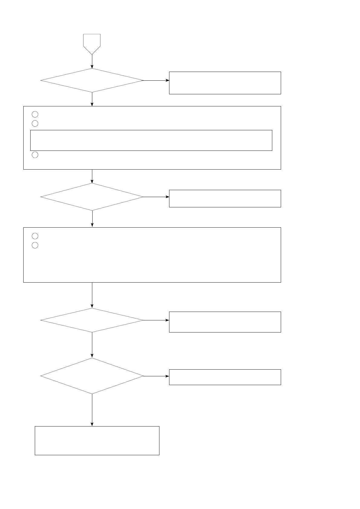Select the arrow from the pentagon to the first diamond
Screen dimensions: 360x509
[x=92, y=62]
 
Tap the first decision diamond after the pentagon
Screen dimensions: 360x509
[x=92, y=80]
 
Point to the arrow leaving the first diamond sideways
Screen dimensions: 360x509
[x=156, y=80]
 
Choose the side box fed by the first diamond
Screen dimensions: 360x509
[x=225, y=83]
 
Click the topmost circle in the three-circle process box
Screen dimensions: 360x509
[x=35, y=114]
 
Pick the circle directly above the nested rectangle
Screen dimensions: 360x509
[x=35, y=123]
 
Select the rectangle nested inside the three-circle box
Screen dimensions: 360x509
[x=151, y=140]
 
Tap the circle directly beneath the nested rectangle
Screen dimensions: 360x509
[x=35, y=155]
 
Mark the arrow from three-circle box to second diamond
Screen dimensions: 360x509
[x=92, y=176]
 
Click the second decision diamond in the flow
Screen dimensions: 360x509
[x=92, y=197]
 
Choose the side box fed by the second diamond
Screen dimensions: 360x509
[x=225, y=198]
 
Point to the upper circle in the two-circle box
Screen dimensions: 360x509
[x=35, y=236]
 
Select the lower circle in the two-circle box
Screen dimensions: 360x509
[x=35, y=245]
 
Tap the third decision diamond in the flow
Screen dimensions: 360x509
[x=92, y=320]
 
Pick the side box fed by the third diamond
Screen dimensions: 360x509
[x=225, y=322]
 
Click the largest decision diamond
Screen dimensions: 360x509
[x=92, y=376]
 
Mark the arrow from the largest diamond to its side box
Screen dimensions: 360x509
[x=156, y=376]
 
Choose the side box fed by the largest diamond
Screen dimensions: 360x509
[x=225, y=377]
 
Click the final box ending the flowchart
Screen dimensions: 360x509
[x=97, y=440]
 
